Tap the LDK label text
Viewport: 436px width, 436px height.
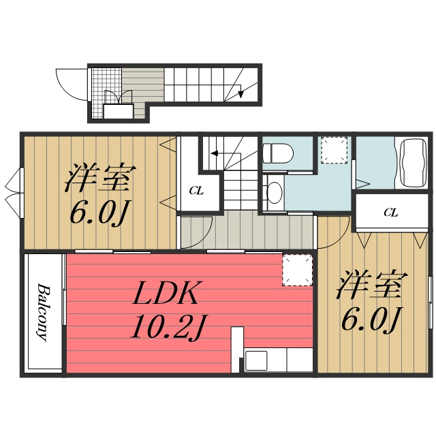[x=166, y=294]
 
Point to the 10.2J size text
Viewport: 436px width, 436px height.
[x=167, y=329]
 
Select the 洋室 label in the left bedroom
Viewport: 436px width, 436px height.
[x=98, y=178]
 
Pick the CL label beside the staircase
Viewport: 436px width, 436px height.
[x=196, y=191]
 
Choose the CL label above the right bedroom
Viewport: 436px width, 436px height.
[x=390, y=213]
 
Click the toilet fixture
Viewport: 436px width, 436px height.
[x=277, y=153]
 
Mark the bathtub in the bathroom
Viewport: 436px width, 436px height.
[x=412, y=162]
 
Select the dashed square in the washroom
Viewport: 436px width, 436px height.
[x=334, y=151]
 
